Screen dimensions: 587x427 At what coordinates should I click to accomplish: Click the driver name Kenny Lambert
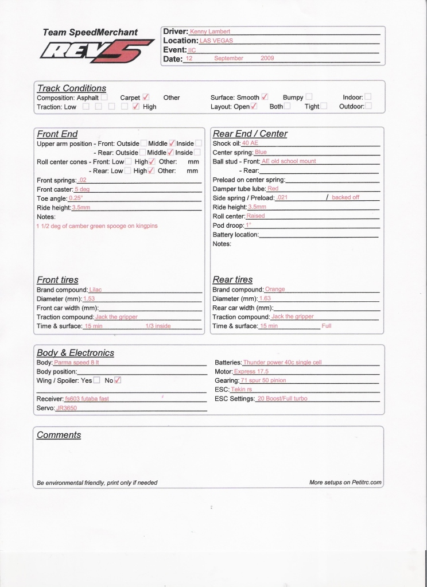coord(206,32)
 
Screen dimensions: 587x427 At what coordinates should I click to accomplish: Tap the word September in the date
coord(228,59)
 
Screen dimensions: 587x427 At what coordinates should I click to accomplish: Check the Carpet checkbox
coord(146,98)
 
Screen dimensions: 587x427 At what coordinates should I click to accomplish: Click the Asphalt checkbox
coord(104,98)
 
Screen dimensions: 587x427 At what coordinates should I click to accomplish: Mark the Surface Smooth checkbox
coord(265,98)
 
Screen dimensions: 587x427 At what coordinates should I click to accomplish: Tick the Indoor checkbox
coord(368,98)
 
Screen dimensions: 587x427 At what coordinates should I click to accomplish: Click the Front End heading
coord(57,134)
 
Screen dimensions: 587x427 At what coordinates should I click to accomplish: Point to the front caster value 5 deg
coord(82,189)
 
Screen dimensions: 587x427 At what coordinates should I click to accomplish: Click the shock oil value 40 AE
coord(250,143)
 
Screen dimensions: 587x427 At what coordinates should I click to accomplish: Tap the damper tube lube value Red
coord(273,188)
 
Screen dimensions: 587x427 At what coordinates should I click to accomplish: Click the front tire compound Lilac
coord(95,290)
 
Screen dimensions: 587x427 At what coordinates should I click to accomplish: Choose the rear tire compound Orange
coord(275,290)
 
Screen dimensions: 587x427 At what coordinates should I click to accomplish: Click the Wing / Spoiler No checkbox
coord(118,380)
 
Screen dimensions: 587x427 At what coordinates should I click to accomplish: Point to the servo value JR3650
coord(66,408)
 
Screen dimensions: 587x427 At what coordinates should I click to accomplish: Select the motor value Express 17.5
coord(251,372)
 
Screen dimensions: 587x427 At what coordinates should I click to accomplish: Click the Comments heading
coord(59,435)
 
